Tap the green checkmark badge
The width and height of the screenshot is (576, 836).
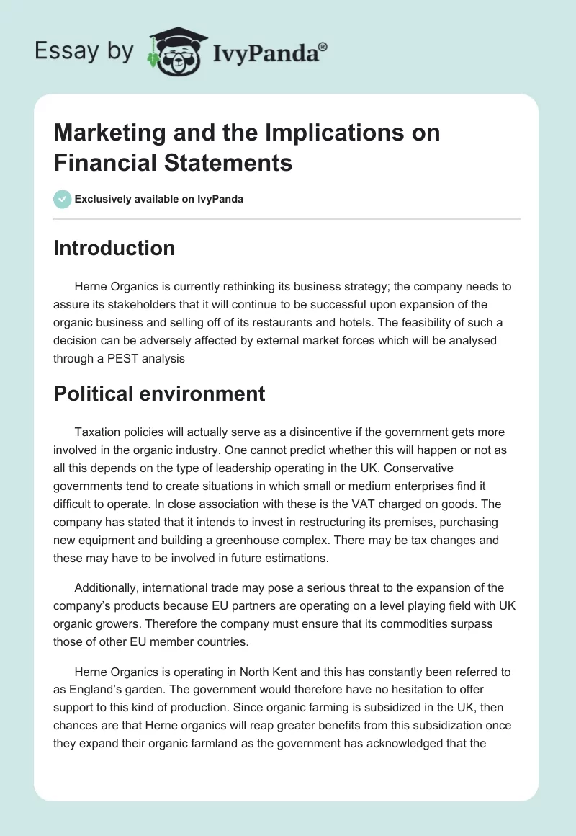tap(63, 199)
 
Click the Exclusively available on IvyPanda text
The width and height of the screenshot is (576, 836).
tap(158, 199)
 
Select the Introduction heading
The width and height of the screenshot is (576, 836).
tap(114, 248)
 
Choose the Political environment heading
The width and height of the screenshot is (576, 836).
tap(159, 393)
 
